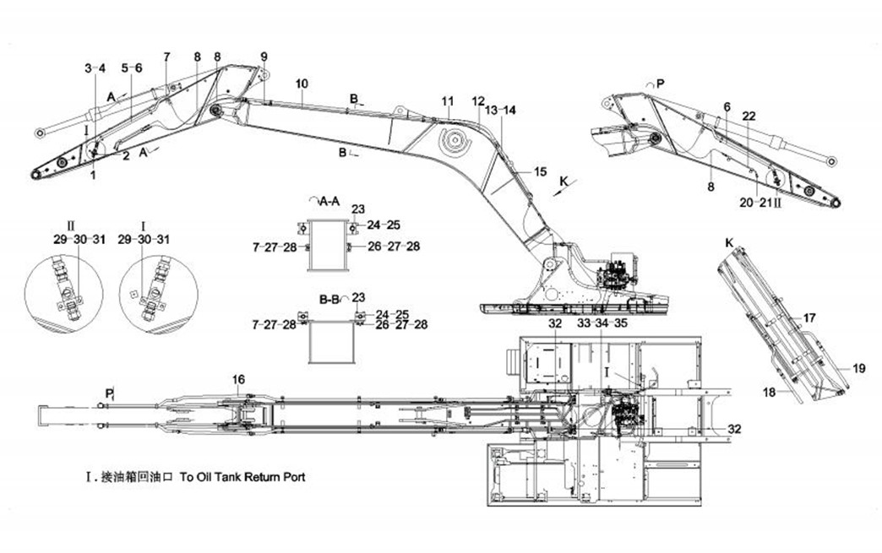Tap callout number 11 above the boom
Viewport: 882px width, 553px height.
click(448, 100)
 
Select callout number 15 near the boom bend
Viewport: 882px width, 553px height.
click(541, 171)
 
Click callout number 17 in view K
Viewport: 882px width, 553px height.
click(809, 318)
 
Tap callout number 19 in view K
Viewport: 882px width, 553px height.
click(858, 368)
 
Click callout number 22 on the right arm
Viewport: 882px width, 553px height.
click(749, 116)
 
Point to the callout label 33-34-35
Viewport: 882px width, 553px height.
click(602, 323)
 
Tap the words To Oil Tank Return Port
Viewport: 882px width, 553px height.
click(242, 477)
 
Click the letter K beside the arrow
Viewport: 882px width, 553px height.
click(564, 179)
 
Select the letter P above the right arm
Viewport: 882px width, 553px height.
click(660, 84)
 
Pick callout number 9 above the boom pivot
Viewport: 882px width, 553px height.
click(264, 57)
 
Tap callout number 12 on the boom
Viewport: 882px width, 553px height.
click(478, 100)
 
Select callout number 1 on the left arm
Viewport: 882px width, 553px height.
click(94, 175)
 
